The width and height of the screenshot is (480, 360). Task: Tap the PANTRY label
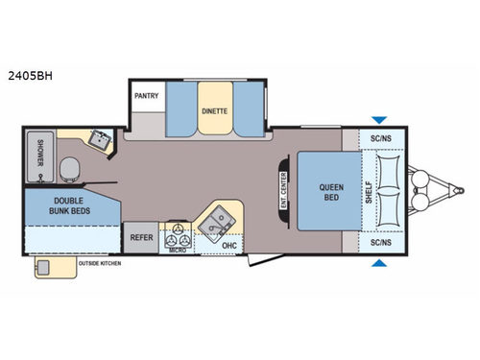click(146, 95)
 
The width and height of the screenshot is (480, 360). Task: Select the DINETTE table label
click(214, 110)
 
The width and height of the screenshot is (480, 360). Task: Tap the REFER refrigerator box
click(139, 236)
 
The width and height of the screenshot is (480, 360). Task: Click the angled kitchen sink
click(216, 220)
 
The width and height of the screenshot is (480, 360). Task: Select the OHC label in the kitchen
click(228, 244)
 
